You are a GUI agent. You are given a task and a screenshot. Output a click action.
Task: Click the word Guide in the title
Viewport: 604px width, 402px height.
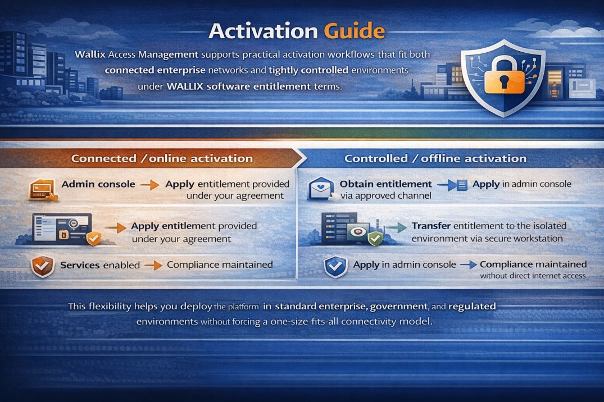pos(355,31)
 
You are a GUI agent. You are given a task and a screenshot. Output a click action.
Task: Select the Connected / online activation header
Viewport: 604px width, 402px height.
pos(162,158)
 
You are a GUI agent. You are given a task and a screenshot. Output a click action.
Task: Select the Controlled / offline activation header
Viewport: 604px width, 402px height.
pos(435,158)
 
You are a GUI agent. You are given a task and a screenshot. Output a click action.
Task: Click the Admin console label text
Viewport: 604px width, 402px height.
pos(98,184)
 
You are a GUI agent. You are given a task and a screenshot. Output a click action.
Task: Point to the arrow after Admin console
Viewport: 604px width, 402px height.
pos(149,184)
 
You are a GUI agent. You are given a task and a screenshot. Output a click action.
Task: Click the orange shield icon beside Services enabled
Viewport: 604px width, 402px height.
pos(43,266)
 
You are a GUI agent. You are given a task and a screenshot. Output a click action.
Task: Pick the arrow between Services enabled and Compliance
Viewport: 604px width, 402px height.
pos(153,264)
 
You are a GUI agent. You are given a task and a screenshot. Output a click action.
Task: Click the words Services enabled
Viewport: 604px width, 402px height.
pos(100,264)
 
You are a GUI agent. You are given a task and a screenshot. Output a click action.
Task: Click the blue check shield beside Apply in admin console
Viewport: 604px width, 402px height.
pos(335,267)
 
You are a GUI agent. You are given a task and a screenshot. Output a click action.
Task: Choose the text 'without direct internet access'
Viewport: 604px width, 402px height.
pos(533,276)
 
